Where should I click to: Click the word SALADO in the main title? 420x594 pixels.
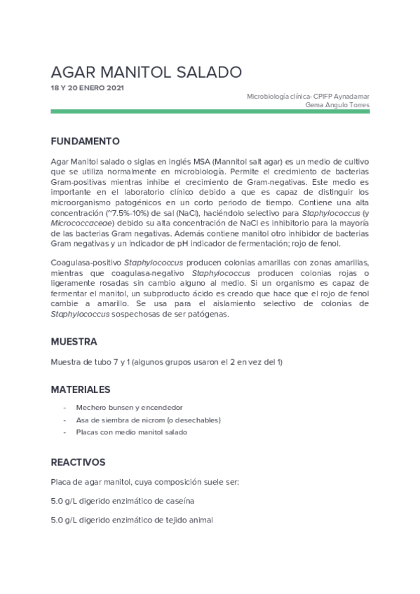(205, 72)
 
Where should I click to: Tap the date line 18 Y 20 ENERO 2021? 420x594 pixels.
(88, 88)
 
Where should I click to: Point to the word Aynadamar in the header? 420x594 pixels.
(352, 96)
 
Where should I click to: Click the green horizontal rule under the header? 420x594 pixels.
(210, 111)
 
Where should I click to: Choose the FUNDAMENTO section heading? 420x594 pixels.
(85, 140)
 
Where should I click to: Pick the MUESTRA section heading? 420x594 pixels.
(74, 342)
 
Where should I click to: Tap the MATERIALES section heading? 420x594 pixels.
(81, 389)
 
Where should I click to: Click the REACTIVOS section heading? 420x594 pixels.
(78, 462)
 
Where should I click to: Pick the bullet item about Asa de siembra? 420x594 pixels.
(149, 420)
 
